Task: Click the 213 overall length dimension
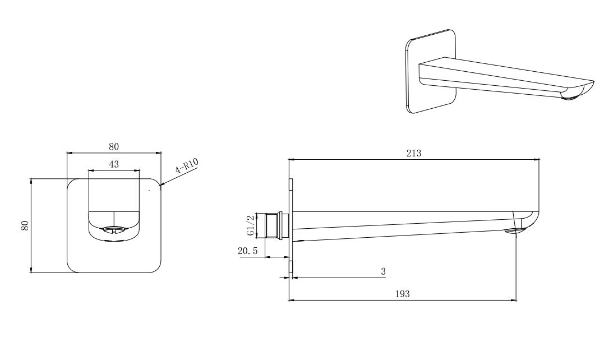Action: point(414,153)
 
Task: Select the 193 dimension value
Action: point(403,294)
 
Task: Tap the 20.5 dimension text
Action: point(248,251)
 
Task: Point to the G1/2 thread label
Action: point(250,225)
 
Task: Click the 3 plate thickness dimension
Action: point(383,271)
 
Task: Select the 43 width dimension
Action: point(114,164)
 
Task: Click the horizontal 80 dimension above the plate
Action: point(114,147)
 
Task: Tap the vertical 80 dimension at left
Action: point(25,225)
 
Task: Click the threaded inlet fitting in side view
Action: point(276,225)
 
